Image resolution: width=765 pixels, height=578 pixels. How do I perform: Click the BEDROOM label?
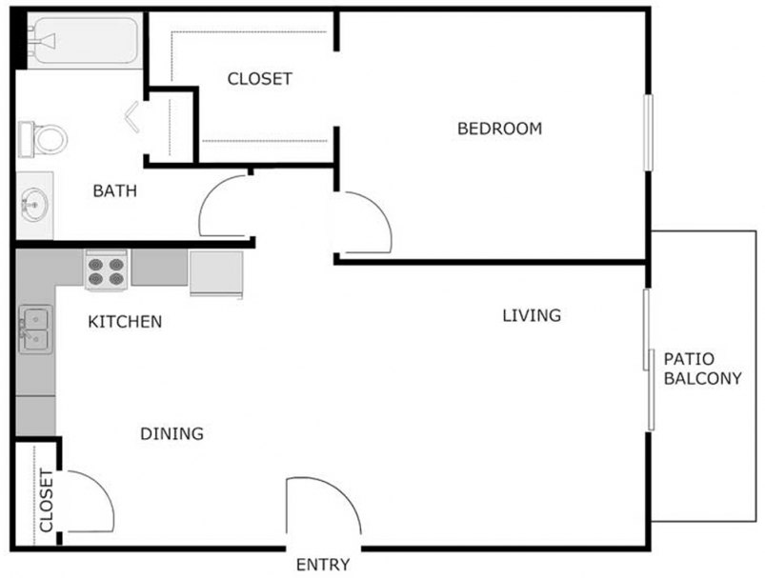499,129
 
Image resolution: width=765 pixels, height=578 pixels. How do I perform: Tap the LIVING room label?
532,315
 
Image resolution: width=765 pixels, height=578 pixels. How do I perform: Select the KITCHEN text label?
125,322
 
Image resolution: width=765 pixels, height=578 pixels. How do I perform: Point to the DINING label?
172,434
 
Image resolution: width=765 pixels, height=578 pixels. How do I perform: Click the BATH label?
114,191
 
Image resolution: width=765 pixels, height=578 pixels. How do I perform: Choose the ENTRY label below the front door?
323,564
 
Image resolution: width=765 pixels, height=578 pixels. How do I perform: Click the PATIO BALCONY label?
702,369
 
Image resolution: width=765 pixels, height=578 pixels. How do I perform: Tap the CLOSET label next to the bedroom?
259,79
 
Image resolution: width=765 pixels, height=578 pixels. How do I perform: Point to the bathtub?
82,40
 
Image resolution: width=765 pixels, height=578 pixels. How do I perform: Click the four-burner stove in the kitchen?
107,269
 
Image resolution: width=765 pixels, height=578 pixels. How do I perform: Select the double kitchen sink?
34,329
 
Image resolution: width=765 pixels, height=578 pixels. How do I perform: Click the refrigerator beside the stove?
215,273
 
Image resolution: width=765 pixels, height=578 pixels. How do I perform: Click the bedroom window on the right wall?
649,132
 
